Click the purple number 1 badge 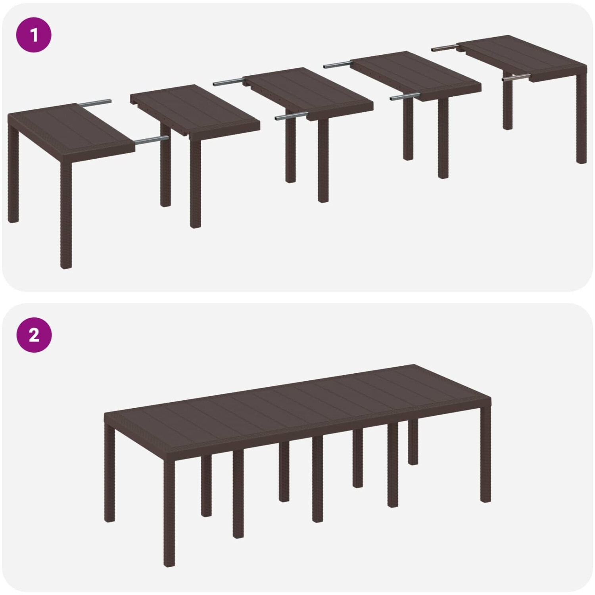34,35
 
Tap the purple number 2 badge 34,336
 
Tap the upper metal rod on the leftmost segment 95,103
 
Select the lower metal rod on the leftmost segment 152,140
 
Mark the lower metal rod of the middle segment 292,116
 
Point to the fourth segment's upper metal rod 338,64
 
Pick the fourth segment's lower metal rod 405,96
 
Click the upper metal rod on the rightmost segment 445,48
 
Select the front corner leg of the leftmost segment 66,214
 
